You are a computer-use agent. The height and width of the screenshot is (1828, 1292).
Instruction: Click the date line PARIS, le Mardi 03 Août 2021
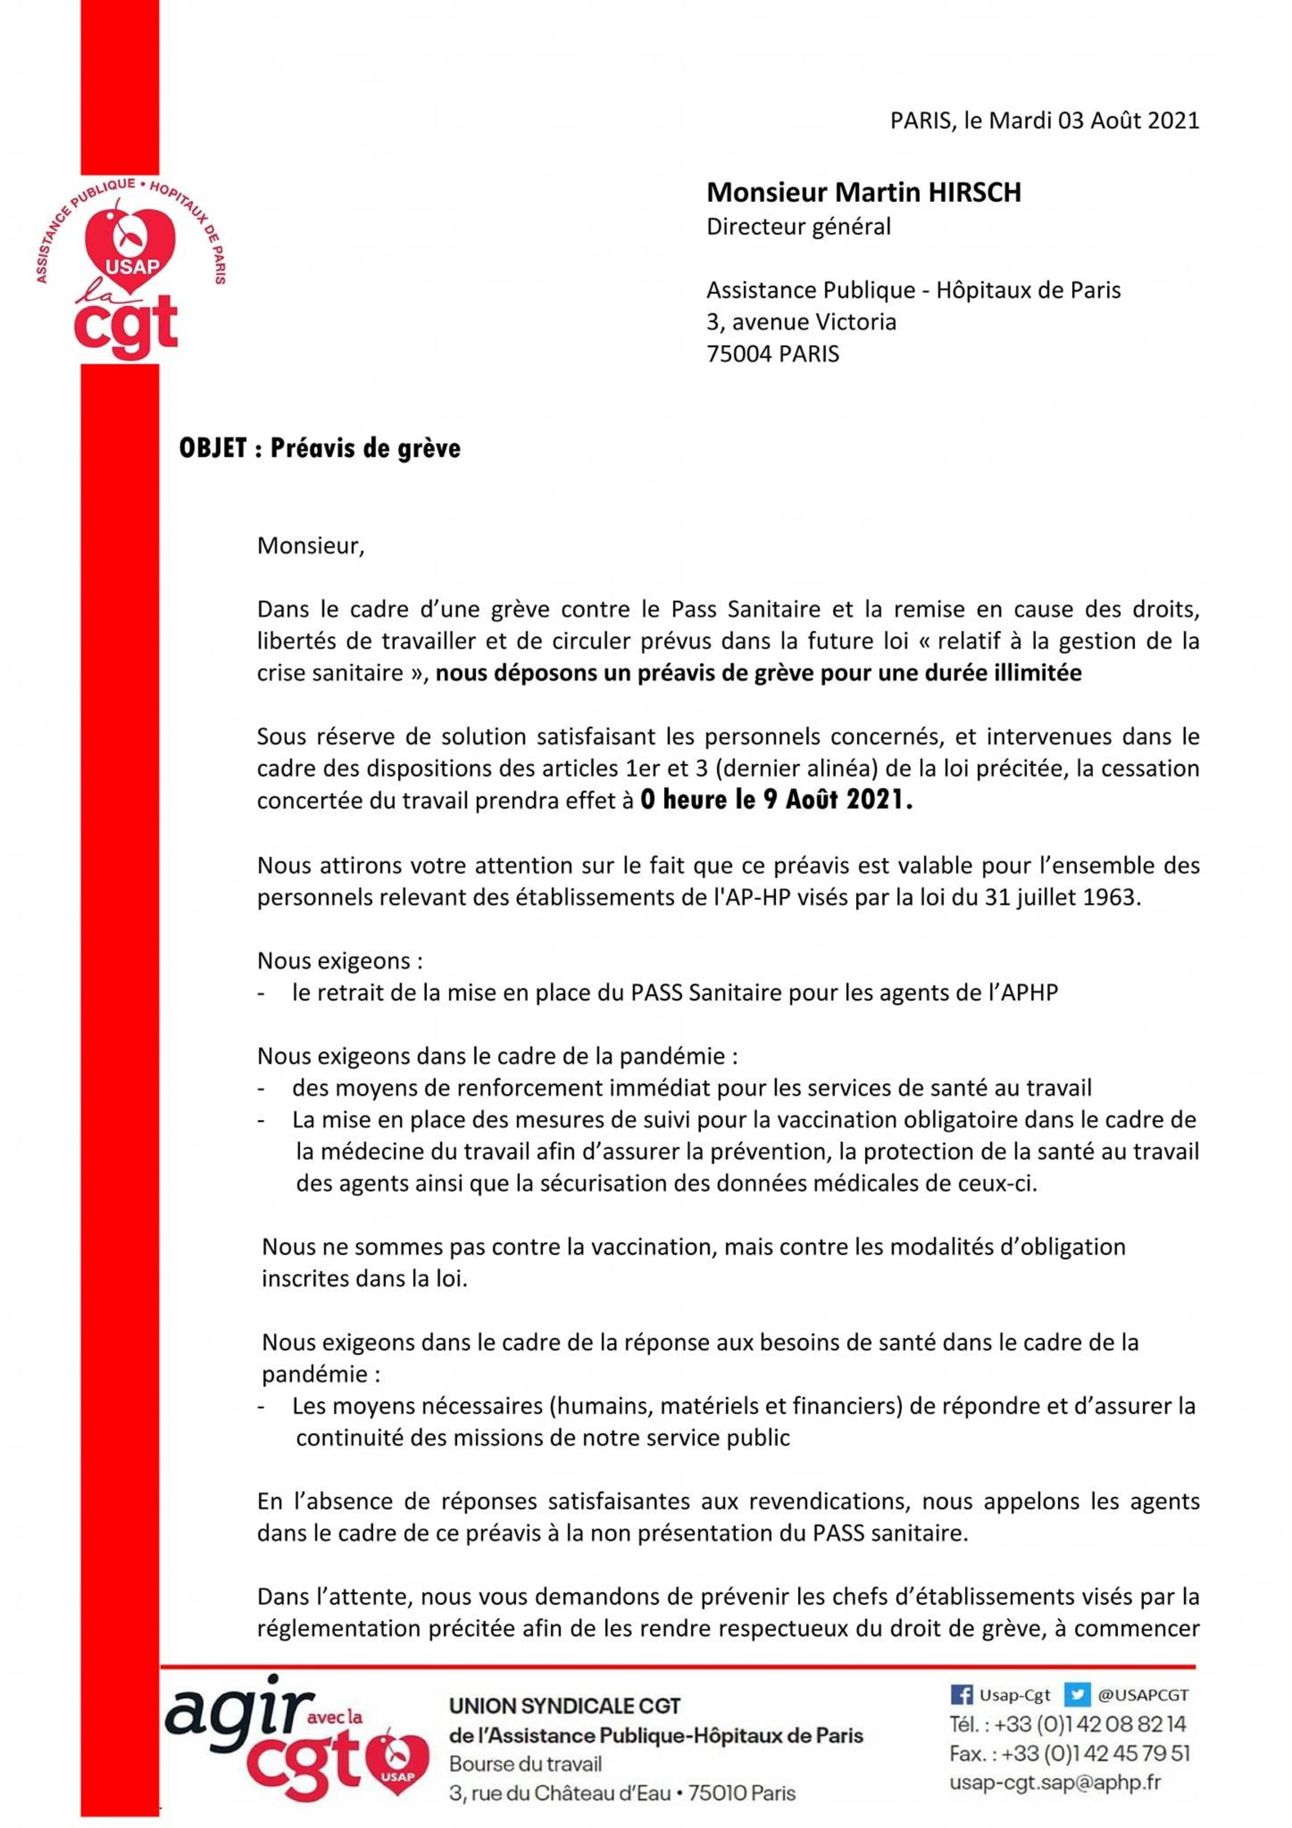click(1044, 120)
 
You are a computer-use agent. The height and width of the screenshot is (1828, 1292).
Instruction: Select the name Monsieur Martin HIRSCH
click(863, 192)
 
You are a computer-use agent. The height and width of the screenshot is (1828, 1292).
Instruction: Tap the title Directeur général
click(798, 227)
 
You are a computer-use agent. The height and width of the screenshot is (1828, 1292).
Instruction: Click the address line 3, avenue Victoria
click(801, 322)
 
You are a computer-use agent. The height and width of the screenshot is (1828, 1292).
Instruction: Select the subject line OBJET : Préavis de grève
click(319, 448)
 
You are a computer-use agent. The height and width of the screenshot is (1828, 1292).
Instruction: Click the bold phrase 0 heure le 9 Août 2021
click(776, 800)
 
